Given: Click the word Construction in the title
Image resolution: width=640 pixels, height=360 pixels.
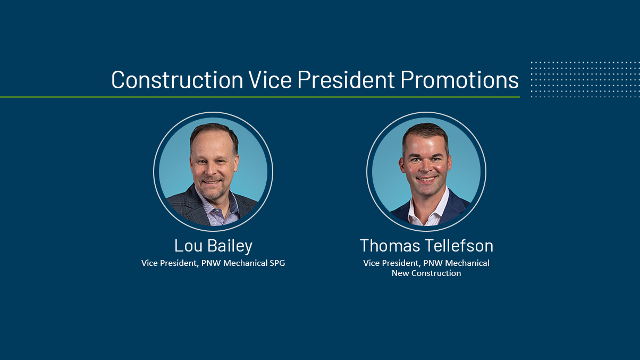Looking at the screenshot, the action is pos(177,80).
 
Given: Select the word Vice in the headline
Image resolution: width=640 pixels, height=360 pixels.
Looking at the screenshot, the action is pos(270,79).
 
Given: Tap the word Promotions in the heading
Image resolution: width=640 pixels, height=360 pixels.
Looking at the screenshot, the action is pos(459,80).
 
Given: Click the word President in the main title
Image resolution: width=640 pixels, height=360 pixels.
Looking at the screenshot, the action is pos(346,79).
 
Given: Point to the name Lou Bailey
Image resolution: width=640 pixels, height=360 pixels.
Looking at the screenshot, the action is pos(214,246).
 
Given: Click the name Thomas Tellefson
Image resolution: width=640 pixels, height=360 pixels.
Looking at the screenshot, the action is pos(426,246).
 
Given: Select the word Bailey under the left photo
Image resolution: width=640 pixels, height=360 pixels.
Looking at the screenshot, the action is pos(230,246).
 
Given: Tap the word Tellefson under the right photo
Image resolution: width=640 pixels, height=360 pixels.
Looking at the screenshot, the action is pos(459,246).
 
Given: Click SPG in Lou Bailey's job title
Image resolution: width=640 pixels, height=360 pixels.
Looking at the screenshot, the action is pos(277,263).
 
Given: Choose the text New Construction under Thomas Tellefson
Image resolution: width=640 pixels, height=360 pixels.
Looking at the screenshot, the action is pos(426,273).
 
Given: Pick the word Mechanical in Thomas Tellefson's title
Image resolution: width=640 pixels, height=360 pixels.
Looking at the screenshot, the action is pos(467,263).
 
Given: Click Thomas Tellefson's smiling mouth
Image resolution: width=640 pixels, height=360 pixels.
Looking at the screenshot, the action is pos(426,180).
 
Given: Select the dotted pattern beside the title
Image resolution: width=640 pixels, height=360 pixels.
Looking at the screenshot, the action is pos(585,79).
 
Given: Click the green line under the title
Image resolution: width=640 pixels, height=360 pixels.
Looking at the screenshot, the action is pos(260,97).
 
